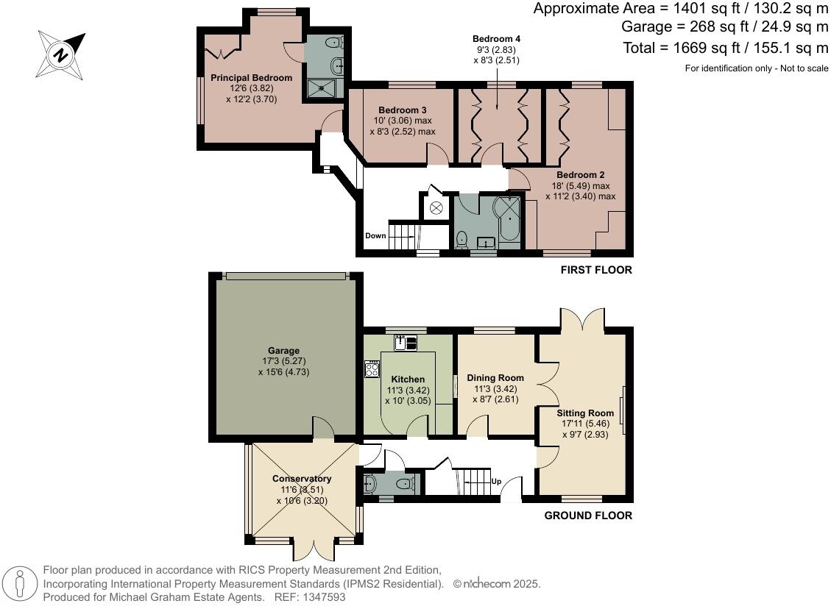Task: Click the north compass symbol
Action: point(61,53)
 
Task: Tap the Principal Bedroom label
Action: point(251,77)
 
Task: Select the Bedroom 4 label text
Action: point(496,38)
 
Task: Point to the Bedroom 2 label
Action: point(580,174)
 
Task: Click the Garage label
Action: point(283,350)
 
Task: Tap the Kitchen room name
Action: point(407,379)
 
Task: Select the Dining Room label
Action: point(495,378)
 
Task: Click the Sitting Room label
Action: point(585,413)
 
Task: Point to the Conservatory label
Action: point(301,478)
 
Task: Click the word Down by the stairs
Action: point(375,236)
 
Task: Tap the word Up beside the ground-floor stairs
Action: point(496,482)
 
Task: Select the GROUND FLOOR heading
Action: point(587,516)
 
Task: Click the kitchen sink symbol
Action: point(405,341)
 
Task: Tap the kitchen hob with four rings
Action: point(372,368)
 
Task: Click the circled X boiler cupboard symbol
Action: point(436,208)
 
